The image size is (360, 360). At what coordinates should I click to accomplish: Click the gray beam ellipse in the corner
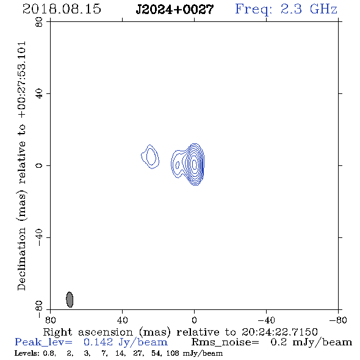click(x=70, y=300)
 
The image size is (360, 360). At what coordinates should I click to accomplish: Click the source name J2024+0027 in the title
click(x=175, y=9)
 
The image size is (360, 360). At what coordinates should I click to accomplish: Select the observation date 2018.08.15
click(x=62, y=9)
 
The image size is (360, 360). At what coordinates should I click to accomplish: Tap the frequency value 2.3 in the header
click(x=291, y=9)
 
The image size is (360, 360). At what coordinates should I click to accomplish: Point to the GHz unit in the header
click(x=323, y=9)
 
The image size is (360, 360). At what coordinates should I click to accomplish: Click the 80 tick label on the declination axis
click(x=39, y=22)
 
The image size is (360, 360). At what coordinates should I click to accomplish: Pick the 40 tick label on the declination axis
click(x=39, y=94)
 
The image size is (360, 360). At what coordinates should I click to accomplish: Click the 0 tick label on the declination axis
click(x=39, y=165)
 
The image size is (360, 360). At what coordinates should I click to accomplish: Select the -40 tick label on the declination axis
click(x=39, y=237)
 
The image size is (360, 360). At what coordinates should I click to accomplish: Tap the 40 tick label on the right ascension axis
click(x=122, y=320)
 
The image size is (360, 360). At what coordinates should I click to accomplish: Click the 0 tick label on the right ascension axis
click(x=194, y=320)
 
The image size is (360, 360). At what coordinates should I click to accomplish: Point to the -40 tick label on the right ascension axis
click(x=266, y=320)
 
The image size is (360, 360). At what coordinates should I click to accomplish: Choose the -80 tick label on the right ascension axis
click(x=338, y=320)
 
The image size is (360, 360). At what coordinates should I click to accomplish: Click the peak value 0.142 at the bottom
click(x=98, y=342)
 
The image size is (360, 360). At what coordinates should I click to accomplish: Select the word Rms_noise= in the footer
click(x=225, y=342)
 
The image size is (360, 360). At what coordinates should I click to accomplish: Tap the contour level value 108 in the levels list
click(x=173, y=353)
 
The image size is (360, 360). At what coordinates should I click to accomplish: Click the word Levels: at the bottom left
click(x=27, y=353)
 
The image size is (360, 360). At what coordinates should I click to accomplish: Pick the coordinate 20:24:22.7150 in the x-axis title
click(x=279, y=332)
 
